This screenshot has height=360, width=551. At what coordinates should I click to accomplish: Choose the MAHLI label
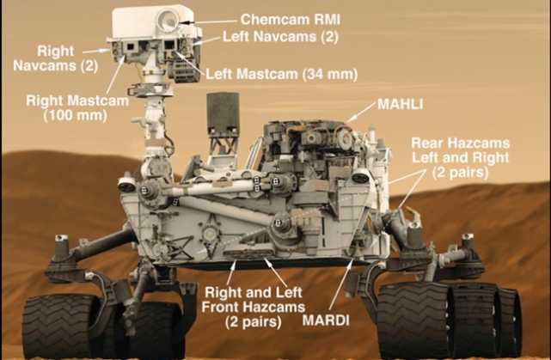point(398,105)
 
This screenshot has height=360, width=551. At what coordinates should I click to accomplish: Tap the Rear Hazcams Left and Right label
point(460,158)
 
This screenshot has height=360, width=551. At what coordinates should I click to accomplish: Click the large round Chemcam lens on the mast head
point(168,19)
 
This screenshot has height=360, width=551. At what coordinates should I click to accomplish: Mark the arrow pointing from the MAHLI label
point(361,112)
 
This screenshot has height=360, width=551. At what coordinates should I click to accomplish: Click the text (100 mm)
point(54,114)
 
